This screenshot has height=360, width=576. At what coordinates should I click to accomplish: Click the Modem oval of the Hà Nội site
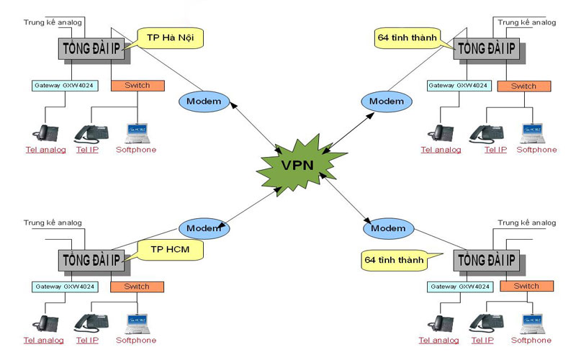coord(203,101)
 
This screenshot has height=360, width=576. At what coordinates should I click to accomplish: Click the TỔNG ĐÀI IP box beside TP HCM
coord(92,259)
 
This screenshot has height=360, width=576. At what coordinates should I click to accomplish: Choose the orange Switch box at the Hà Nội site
coord(138,86)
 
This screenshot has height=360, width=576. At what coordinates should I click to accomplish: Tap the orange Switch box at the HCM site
coord(137,287)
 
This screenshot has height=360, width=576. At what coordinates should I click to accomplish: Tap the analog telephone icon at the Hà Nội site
coord(48,132)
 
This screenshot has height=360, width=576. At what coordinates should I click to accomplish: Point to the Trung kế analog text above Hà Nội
coord(53,22)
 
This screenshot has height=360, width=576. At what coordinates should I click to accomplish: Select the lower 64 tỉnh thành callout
coord(394,257)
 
